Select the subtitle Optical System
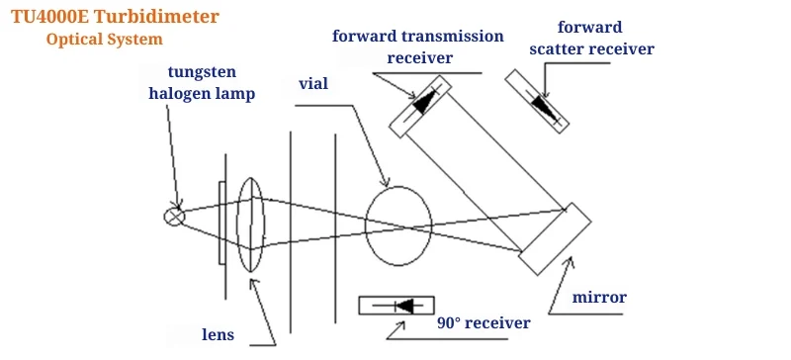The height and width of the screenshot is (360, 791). tap(104, 40)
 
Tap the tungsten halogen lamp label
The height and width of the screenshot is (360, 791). tap(202, 84)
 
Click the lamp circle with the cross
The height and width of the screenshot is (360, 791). tap(174, 217)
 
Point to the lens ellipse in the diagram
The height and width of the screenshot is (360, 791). tap(251, 224)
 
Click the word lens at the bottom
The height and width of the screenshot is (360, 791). tap(218, 334)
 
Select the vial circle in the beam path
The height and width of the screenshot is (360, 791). tap(397, 224)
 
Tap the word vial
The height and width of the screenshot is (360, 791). tap(312, 84)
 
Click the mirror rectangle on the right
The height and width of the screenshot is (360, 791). tap(556, 239)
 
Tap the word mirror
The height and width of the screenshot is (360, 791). tap(600, 296)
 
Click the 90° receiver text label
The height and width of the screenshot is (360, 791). tap(483, 322)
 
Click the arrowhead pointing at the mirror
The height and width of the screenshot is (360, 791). tap(569, 261)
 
